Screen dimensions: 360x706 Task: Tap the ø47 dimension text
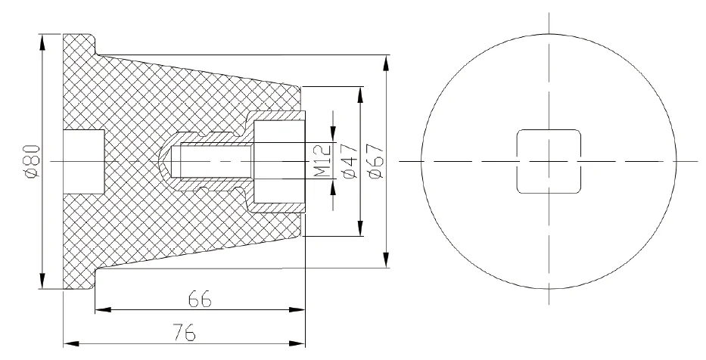348,162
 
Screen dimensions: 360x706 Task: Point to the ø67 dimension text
376,162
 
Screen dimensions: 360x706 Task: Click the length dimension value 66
199,299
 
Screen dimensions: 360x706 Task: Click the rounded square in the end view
549,161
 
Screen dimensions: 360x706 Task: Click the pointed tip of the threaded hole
163,161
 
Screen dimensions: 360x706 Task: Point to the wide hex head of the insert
278,161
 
